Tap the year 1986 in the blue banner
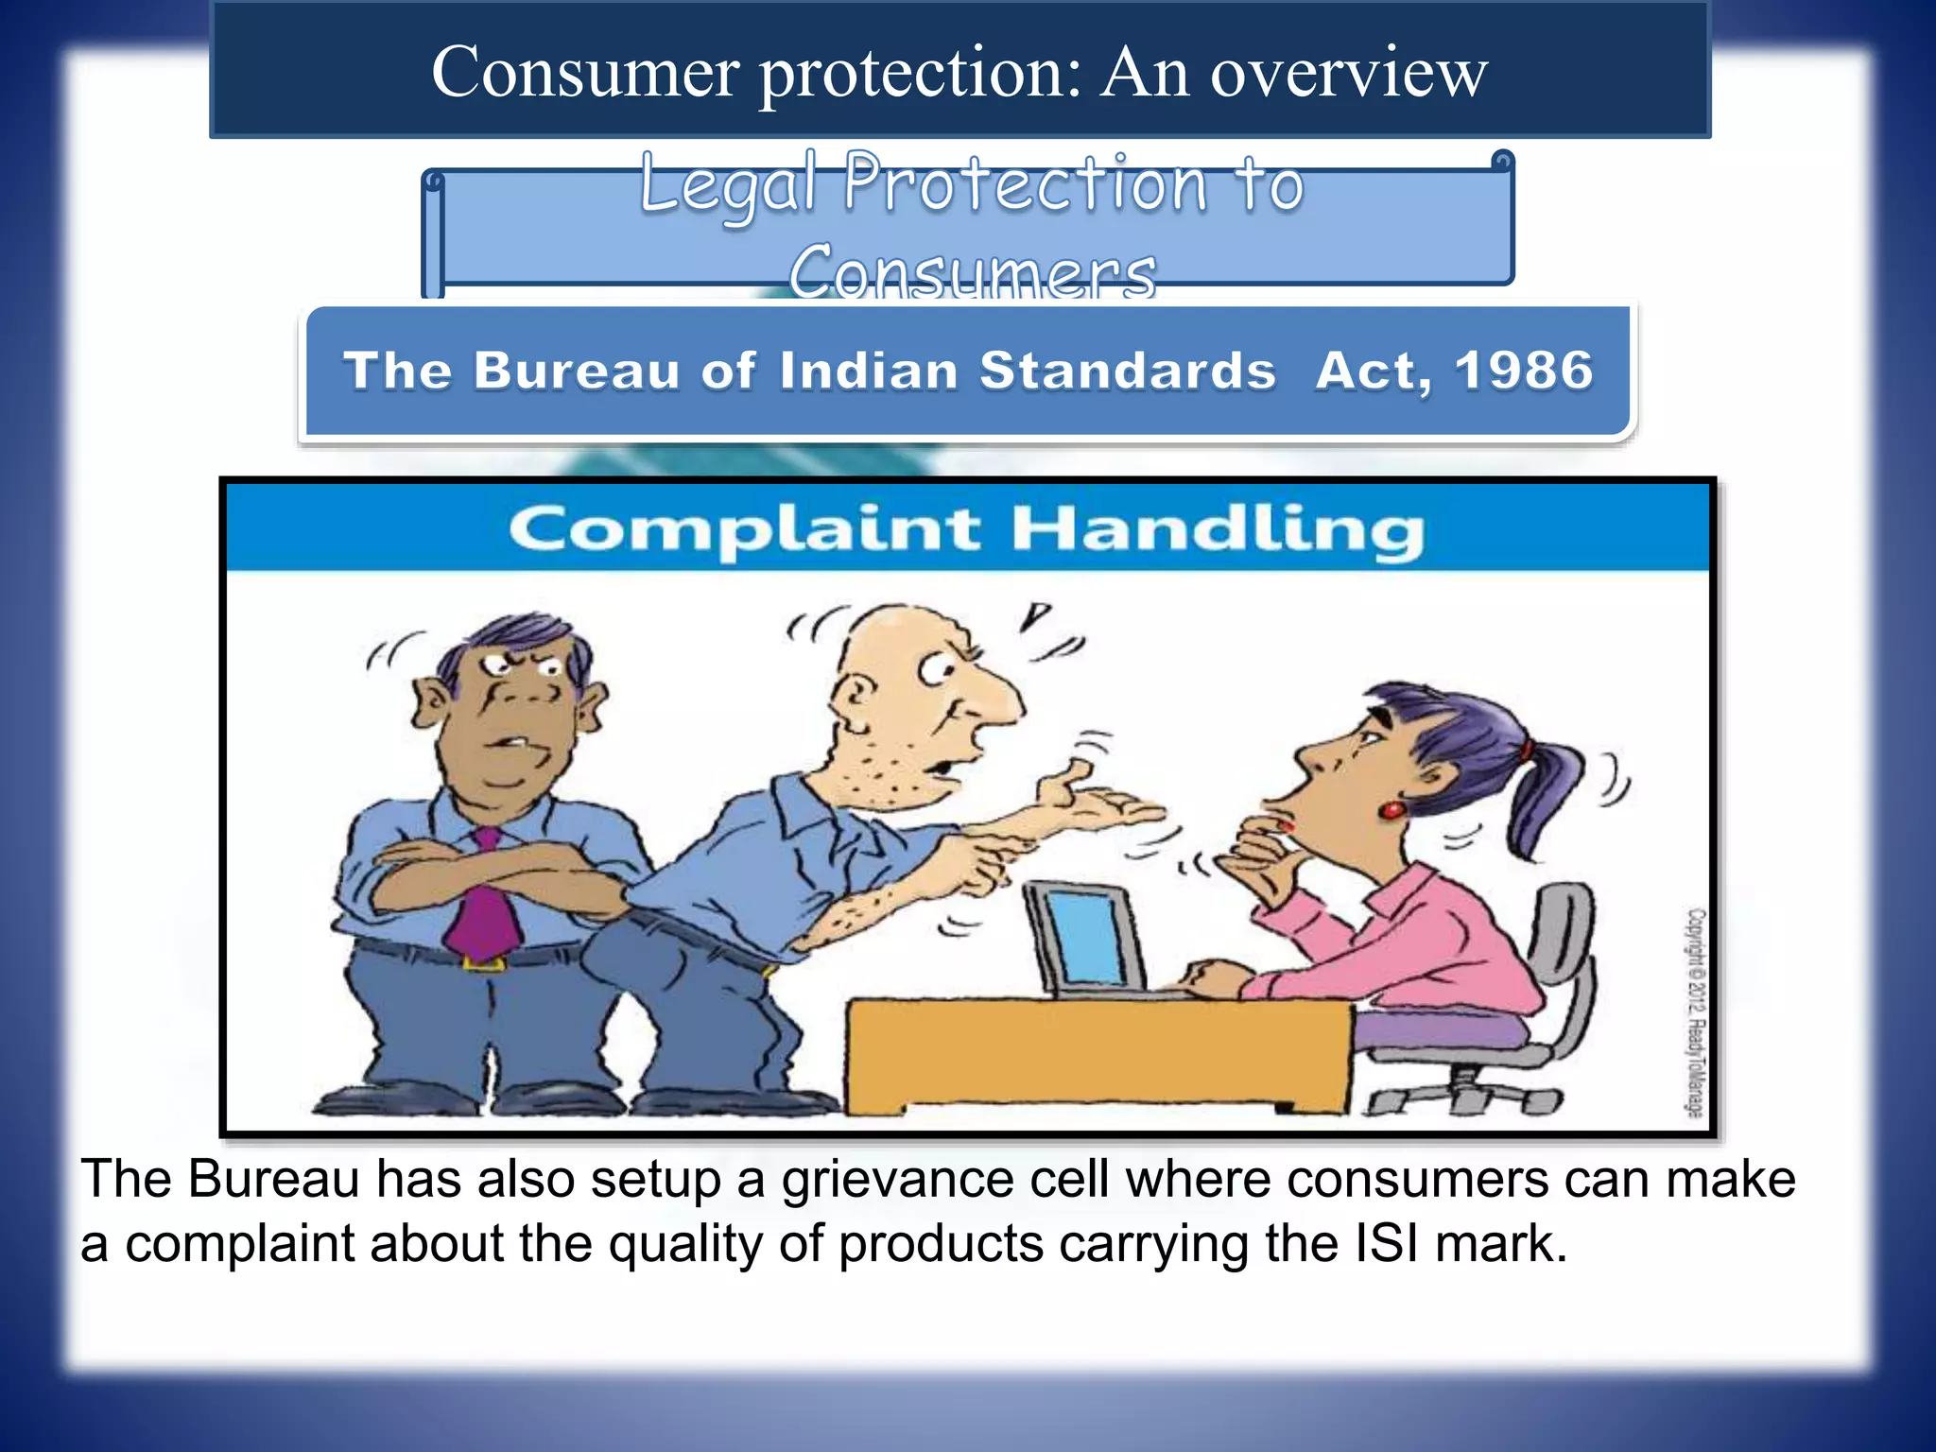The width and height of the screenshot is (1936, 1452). (x=1524, y=370)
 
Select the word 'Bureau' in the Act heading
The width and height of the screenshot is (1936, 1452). (x=577, y=370)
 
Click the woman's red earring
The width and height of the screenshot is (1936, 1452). (x=1392, y=809)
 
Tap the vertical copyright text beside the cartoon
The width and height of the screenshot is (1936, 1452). (x=1697, y=1011)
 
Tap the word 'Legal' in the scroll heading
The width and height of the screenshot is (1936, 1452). (x=728, y=184)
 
